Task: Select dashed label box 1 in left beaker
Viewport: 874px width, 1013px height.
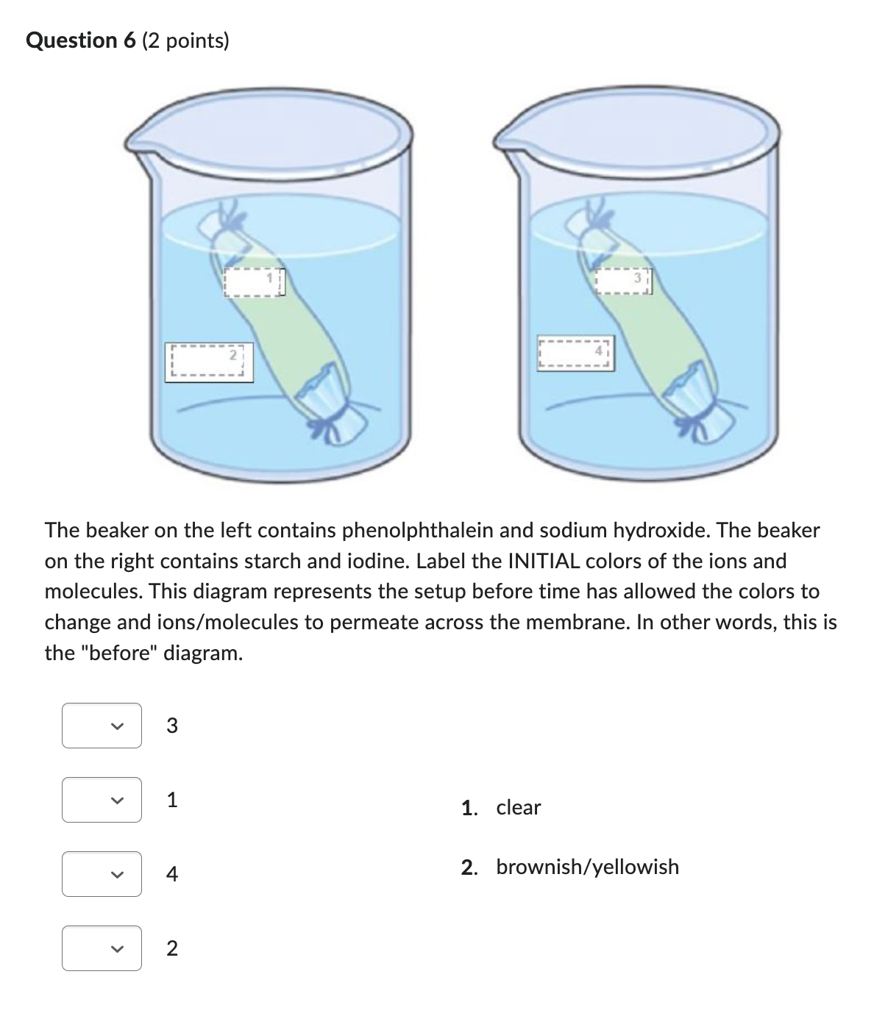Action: pyautogui.click(x=254, y=282)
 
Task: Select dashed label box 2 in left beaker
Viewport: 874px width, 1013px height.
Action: pyautogui.click(x=208, y=362)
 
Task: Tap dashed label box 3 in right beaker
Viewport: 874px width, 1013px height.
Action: pyautogui.click(x=624, y=282)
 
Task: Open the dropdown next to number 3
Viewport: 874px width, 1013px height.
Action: pyautogui.click(x=102, y=726)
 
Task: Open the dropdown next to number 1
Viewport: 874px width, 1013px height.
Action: pyautogui.click(x=102, y=800)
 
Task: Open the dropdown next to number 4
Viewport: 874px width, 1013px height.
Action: pyautogui.click(x=102, y=874)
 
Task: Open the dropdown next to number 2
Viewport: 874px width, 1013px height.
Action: pyautogui.click(x=102, y=948)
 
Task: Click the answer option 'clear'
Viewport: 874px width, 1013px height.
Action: pyautogui.click(x=518, y=807)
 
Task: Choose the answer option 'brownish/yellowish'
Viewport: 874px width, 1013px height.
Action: pyautogui.click(x=587, y=867)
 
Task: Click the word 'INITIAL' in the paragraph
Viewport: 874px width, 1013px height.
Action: pyautogui.click(x=546, y=561)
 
